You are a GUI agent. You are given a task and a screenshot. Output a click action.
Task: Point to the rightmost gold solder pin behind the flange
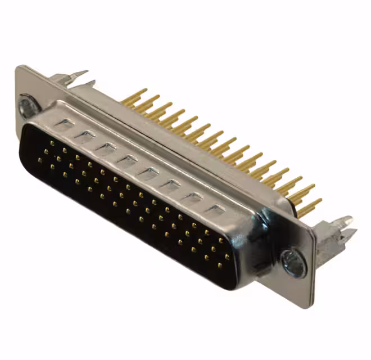tap(310, 206)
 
